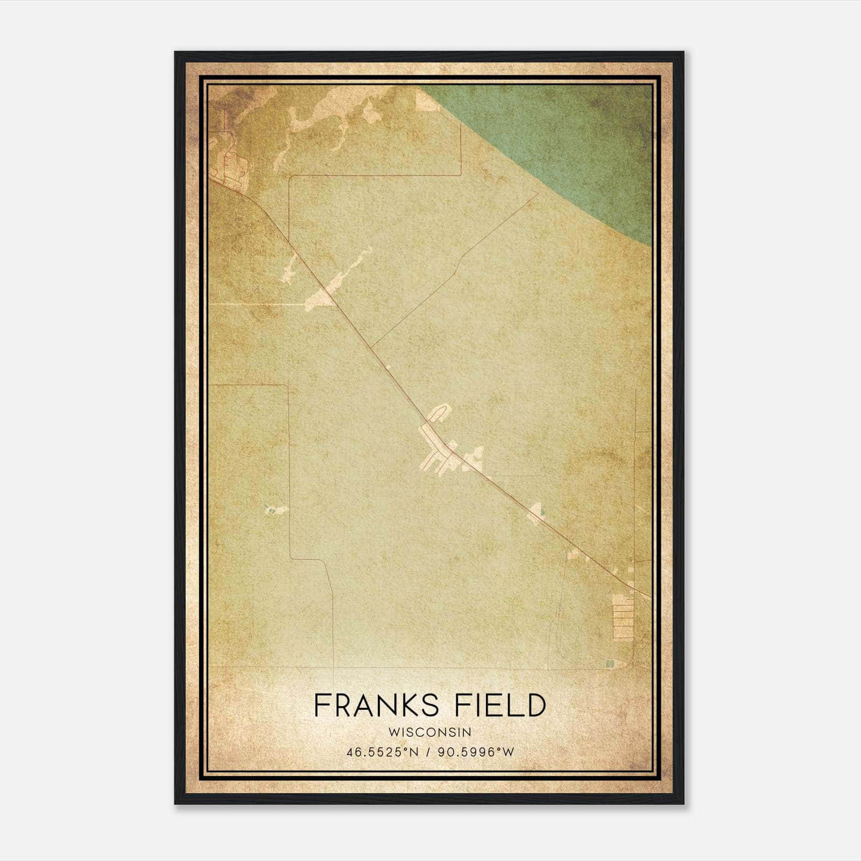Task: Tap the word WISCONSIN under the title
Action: click(430, 732)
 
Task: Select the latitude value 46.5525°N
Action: click(383, 752)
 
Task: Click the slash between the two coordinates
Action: click(428, 752)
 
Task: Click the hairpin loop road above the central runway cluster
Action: click(440, 412)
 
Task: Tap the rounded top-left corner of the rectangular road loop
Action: click(291, 178)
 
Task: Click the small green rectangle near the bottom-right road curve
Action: click(610, 664)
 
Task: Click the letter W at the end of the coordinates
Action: click(509, 752)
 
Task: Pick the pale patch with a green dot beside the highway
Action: click(537, 512)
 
